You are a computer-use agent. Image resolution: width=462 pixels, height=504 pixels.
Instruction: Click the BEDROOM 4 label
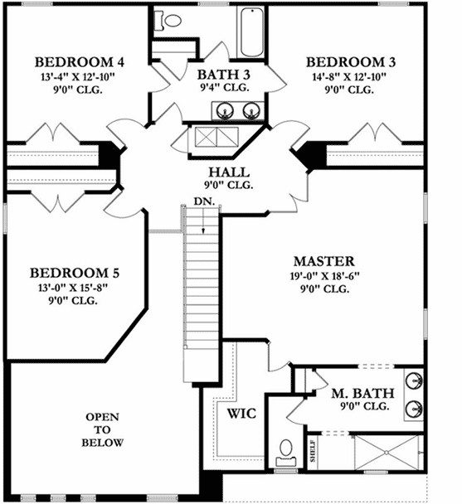pyautogui.click(x=80, y=62)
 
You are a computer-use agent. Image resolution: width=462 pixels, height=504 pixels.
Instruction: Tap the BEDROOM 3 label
pyautogui.click(x=351, y=62)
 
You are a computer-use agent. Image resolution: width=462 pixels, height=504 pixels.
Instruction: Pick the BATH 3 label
pyautogui.click(x=223, y=73)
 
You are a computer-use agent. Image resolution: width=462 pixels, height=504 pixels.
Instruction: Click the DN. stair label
pyautogui.click(x=203, y=201)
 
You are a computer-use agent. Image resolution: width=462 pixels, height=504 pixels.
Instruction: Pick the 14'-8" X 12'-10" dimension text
pyautogui.click(x=351, y=77)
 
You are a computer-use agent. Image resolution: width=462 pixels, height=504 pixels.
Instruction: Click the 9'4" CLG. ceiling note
pyautogui.click(x=223, y=87)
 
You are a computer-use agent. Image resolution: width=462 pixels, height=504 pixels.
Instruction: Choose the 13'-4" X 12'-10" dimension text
pyautogui.click(x=80, y=77)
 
